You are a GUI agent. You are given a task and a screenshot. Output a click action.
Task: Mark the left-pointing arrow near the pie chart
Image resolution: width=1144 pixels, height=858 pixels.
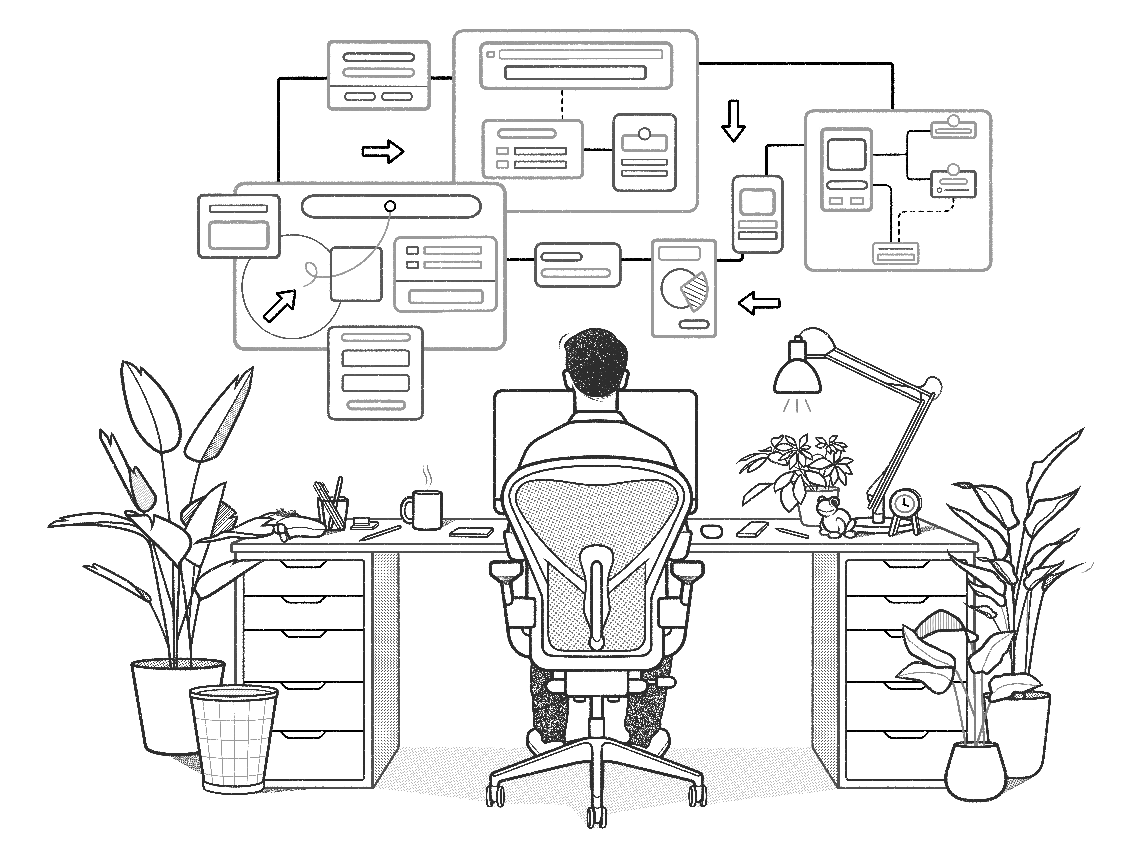click(x=759, y=303)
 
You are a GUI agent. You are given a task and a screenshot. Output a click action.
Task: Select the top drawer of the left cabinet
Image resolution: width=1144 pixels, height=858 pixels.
click(x=304, y=577)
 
